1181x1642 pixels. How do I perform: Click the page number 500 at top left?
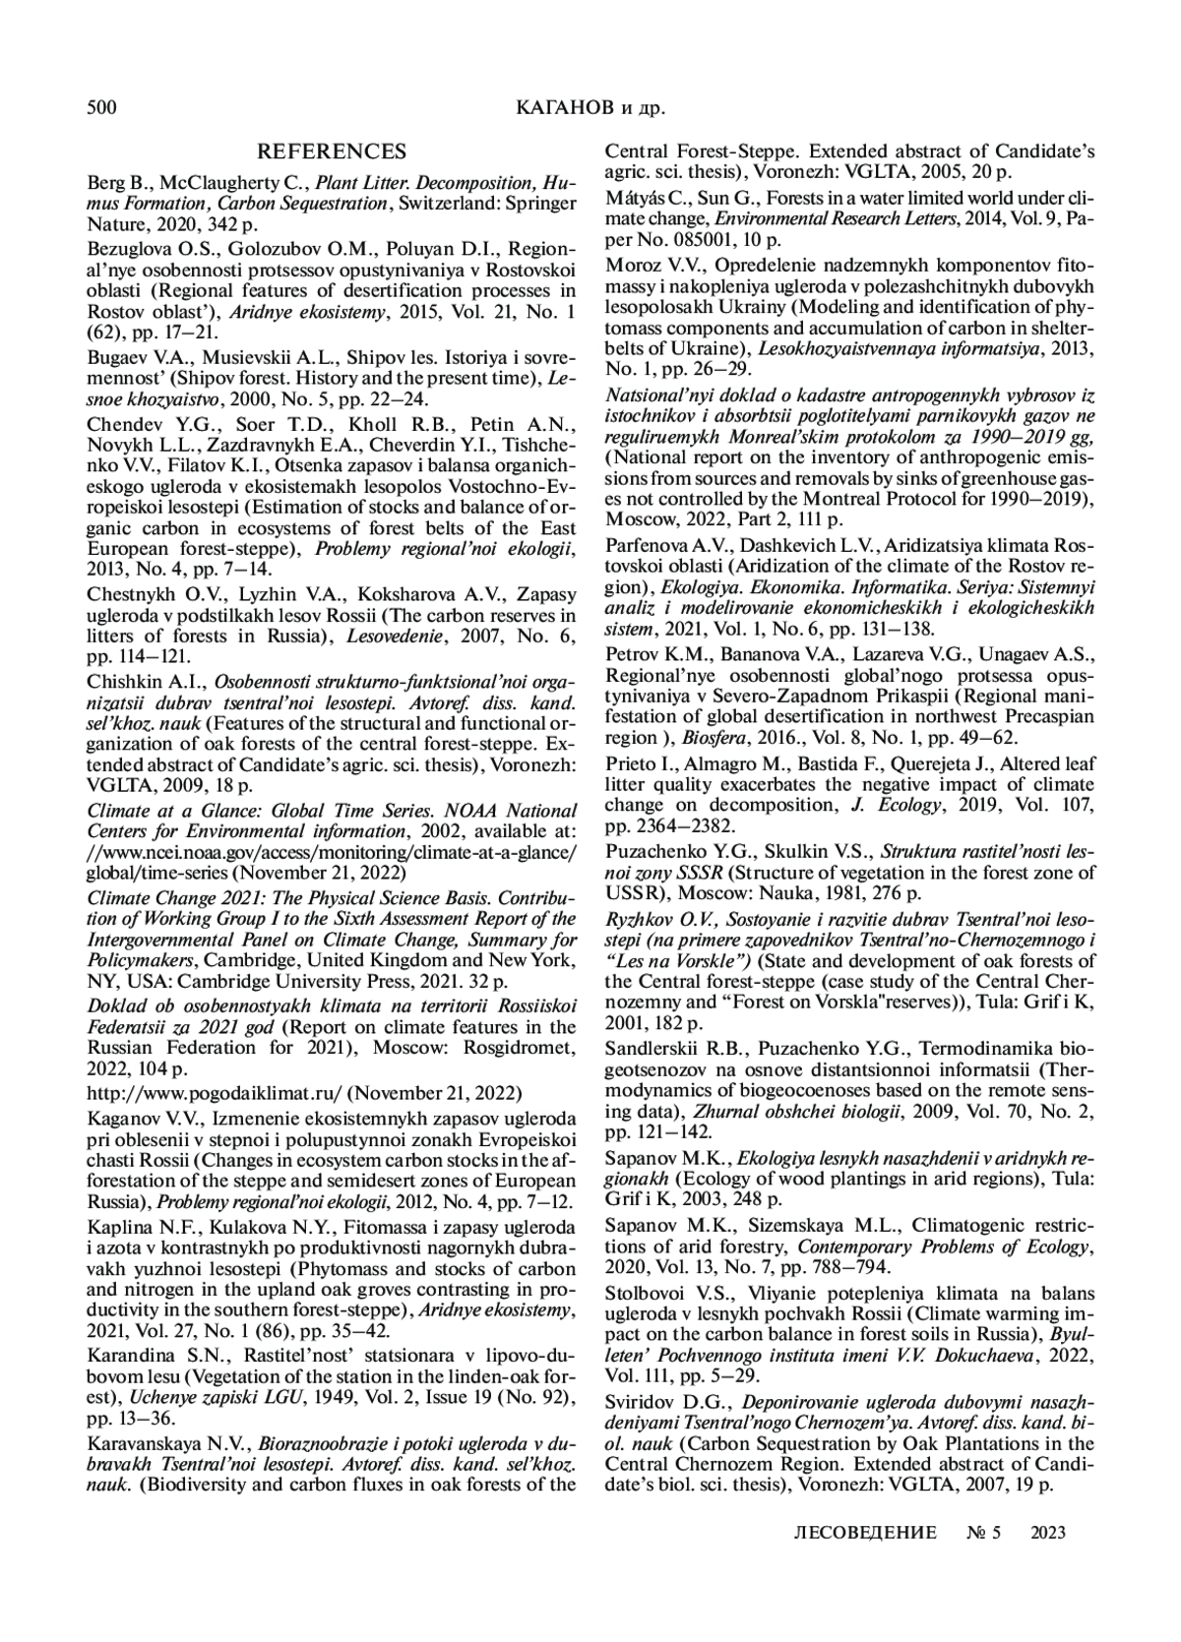click(102, 107)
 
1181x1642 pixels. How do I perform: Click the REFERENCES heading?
click(331, 152)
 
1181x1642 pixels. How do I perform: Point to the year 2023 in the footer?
click(1048, 1532)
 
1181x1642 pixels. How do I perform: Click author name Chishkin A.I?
click(140, 680)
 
